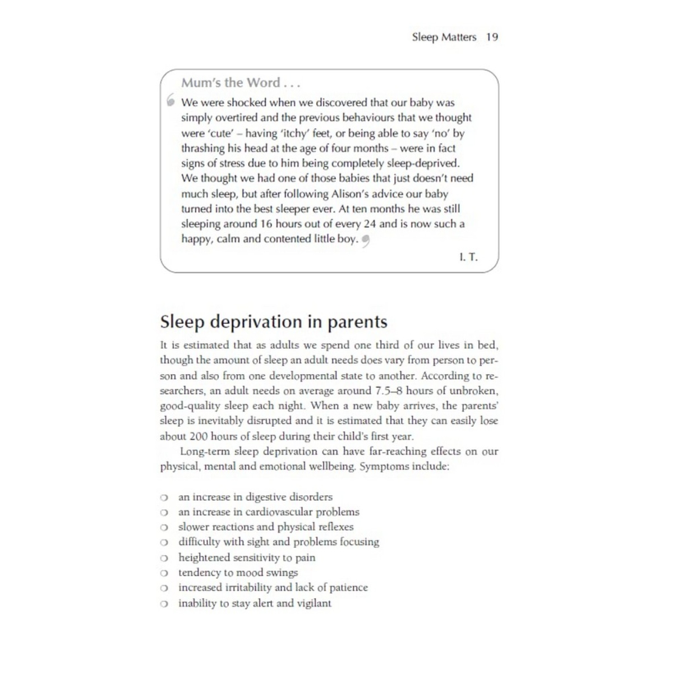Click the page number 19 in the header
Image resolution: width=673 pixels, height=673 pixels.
pyautogui.click(x=492, y=38)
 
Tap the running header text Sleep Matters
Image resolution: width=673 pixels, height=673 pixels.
pyautogui.click(x=444, y=38)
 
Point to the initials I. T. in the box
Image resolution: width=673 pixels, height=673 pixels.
pyautogui.click(x=468, y=257)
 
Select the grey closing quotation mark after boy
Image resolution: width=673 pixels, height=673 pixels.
pyautogui.click(x=366, y=241)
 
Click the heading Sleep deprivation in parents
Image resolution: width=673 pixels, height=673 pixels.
pyautogui.click(x=273, y=322)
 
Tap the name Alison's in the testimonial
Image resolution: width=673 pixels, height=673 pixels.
pyautogui.click(x=336, y=193)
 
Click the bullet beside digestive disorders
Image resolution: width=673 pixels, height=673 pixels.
pyautogui.click(x=164, y=497)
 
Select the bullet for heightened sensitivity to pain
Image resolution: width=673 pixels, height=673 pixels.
pyautogui.click(x=164, y=558)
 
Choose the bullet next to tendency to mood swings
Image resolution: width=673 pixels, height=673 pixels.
pyautogui.click(x=164, y=573)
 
